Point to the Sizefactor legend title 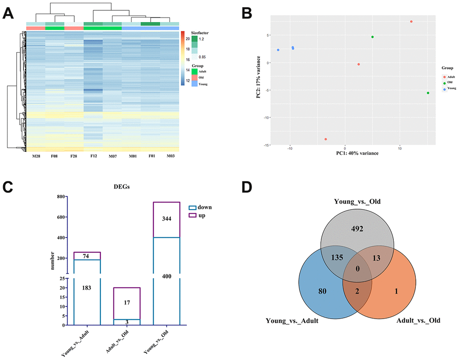click(x=200, y=33)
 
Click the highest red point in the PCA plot click(x=411, y=22)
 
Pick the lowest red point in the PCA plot click(x=325, y=139)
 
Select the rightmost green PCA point click(x=428, y=93)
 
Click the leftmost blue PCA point click(x=278, y=50)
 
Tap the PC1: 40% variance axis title click(x=357, y=153)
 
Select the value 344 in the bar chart click(x=166, y=219)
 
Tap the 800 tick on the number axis click(x=58, y=197)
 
